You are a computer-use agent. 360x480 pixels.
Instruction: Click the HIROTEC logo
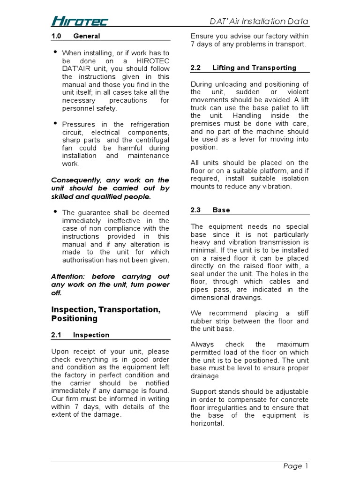pos(79,21)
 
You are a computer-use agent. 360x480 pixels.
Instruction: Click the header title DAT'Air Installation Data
pos(258,21)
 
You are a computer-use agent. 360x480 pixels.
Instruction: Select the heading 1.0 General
pos(75,36)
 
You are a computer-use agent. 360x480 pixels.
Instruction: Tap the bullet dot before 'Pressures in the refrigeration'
pos(56,123)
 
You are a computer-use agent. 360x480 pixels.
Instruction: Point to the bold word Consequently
pos(76,180)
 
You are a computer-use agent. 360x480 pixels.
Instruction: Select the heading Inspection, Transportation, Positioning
pos(105,314)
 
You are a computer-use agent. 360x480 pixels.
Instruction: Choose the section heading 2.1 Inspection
pos(80,335)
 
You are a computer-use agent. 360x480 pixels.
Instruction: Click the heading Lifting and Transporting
pos(254,67)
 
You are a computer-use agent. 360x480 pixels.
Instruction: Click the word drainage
pos(205,376)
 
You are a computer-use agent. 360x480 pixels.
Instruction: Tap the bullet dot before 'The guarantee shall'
pos(56,211)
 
